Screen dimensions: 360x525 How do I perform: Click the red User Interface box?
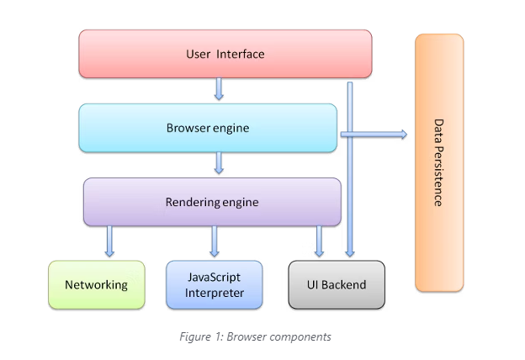coord(225,54)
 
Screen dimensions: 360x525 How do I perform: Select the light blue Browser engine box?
coord(208,128)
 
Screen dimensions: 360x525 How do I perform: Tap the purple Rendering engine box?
coord(211,202)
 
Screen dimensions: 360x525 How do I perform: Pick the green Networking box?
coord(96,284)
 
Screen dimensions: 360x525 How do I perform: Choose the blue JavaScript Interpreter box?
coord(214,284)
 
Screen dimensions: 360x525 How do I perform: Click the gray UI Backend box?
coord(337,284)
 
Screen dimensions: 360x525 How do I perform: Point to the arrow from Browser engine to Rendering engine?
coord(219,163)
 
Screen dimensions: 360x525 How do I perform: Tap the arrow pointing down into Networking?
coord(109,241)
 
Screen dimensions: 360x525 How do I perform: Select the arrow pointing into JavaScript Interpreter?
coord(215,241)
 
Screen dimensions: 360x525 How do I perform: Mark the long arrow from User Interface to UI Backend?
coord(349,168)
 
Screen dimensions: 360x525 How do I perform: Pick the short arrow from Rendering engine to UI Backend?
coord(319,241)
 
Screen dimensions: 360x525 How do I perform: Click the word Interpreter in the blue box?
coord(214,293)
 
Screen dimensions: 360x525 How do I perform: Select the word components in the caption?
coord(301,337)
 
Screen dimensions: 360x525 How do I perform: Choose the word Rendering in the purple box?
coord(193,202)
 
